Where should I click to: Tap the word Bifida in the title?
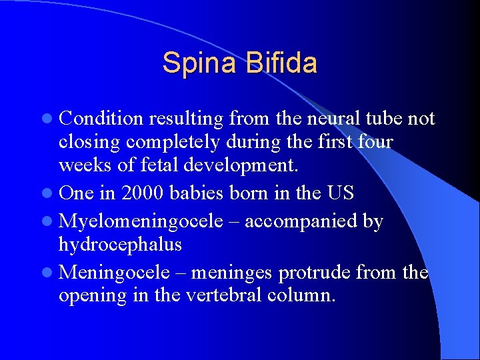coord(281,63)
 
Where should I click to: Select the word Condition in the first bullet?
coord(101,119)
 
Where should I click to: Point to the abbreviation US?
coord(341,193)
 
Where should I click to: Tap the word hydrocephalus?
coord(120,245)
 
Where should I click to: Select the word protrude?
coord(315,273)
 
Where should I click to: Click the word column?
coord(301,295)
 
